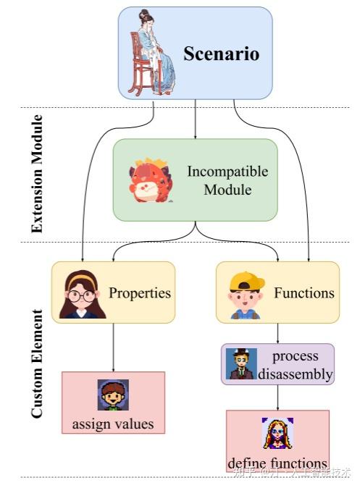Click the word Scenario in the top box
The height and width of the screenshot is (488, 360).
221,54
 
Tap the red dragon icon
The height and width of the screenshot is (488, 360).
150,180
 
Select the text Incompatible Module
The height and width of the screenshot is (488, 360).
227,180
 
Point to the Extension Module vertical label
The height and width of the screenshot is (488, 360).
37,173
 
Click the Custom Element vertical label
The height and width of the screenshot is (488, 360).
37,363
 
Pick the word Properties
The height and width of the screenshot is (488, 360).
140,293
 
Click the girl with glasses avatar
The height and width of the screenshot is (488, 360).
83,293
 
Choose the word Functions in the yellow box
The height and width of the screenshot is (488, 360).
304,293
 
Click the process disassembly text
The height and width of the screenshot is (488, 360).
295,365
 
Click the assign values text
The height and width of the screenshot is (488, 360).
113,424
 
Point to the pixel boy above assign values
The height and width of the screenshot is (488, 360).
113,395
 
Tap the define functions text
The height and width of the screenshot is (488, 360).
277,463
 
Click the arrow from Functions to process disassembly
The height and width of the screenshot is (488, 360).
278,332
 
